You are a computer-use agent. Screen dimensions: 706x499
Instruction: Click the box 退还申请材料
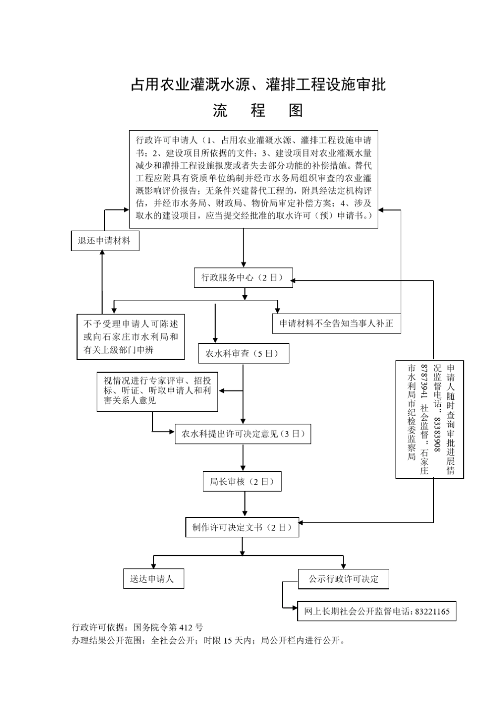[x=105, y=241]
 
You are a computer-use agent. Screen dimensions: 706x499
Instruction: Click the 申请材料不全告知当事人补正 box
[x=336, y=323]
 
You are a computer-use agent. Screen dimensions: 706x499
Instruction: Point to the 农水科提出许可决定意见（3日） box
[x=243, y=434]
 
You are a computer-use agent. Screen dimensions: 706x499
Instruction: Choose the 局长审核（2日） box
[x=242, y=481]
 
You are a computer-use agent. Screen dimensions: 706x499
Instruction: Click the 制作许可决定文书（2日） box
[x=242, y=527]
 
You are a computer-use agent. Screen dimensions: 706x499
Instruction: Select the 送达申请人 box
[x=153, y=579]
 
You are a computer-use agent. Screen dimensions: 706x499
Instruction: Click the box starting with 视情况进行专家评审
[x=157, y=391]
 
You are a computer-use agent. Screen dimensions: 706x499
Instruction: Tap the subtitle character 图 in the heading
[x=295, y=110]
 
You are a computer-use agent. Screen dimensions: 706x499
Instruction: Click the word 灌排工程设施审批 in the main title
[x=326, y=85]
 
